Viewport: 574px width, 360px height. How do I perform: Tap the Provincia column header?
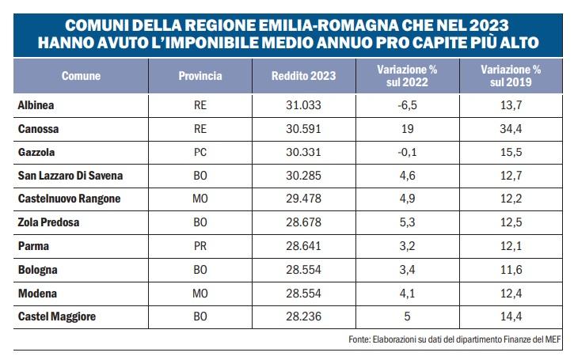(200, 77)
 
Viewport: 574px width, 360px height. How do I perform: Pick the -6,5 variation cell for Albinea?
(407, 104)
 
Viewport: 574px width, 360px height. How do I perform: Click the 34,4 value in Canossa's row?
(511, 127)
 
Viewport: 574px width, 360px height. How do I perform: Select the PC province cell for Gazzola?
(200, 151)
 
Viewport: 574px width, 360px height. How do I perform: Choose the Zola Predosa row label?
(48, 222)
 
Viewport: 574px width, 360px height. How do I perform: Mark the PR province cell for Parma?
(200, 246)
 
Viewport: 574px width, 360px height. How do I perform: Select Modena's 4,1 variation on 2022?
(407, 294)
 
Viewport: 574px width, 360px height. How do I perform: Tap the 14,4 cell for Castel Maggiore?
(511, 317)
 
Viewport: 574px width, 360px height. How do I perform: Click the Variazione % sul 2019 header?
(511, 77)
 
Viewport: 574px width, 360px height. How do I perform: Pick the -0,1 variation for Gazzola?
(407, 151)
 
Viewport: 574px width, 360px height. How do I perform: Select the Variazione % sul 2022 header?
(407, 77)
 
